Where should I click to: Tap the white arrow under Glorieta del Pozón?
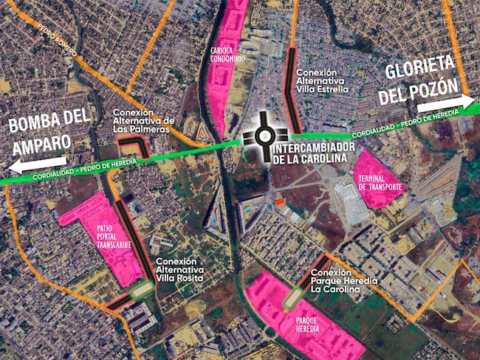(x=455, y=102)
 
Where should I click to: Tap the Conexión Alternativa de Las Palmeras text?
(x=143, y=121)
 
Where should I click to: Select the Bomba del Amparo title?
(x=50, y=128)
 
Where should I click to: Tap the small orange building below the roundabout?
(x=279, y=201)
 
